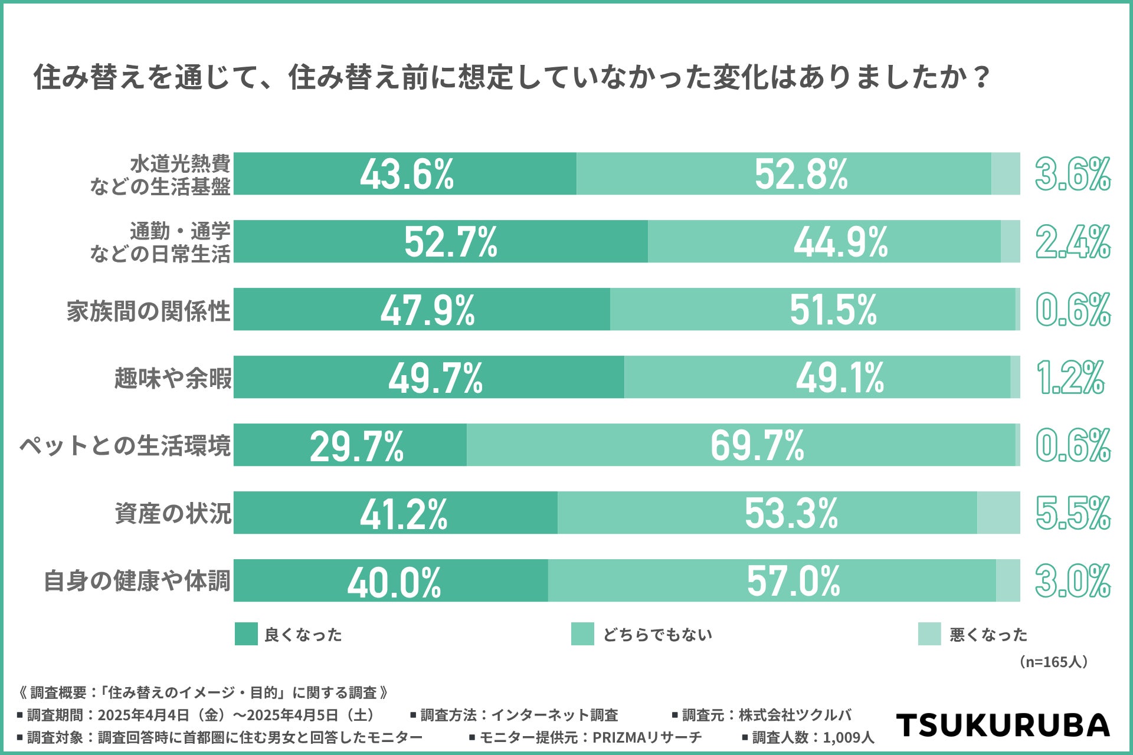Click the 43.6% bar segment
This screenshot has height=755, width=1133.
click(x=405, y=174)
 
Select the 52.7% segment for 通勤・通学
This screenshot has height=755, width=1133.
click(x=441, y=242)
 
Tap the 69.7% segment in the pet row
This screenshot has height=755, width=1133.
click(x=741, y=445)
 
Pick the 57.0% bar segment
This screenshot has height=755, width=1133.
click(x=772, y=581)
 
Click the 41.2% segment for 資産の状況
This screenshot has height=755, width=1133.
click(x=395, y=513)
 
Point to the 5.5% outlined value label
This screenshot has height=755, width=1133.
click(x=1073, y=513)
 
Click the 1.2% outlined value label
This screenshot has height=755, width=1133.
click(x=1070, y=377)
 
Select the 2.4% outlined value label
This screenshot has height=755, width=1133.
click(x=1073, y=242)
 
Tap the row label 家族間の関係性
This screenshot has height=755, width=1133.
click(x=148, y=311)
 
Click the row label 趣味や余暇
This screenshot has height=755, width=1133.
click(x=173, y=378)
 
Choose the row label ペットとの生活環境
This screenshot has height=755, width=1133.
click(x=125, y=446)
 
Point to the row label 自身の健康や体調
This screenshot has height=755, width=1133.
click(x=137, y=581)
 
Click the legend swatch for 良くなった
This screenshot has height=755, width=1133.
click(x=246, y=634)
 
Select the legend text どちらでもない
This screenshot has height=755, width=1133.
click(x=657, y=635)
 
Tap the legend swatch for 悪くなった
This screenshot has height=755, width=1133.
click(x=929, y=634)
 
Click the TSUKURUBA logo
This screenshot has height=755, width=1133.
click(x=1003, y=725)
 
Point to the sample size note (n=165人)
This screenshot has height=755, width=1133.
click(x=1053, y=662)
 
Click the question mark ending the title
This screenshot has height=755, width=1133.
click(x=981, y=77)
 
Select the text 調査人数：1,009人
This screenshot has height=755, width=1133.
click(x=813, y=737)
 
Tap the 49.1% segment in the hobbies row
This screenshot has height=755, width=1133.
click(x=817, y=377)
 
